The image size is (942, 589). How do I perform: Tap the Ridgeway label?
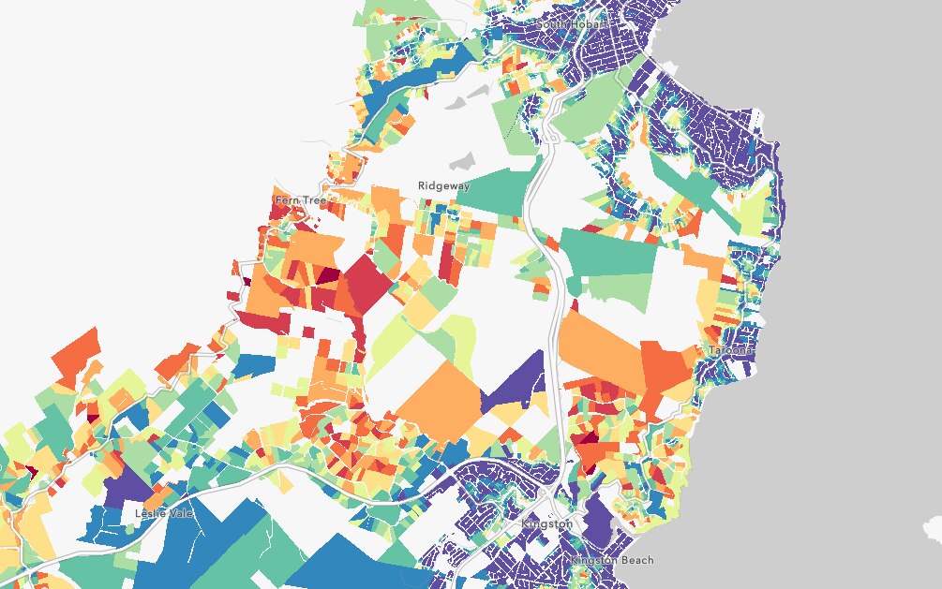coord(443,185)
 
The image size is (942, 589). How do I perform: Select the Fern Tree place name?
coord(299,200)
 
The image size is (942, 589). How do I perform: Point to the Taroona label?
coord(730,350)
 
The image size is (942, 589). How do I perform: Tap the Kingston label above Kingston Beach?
coord(546,523)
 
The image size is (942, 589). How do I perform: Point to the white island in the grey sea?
coord(932,530)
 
